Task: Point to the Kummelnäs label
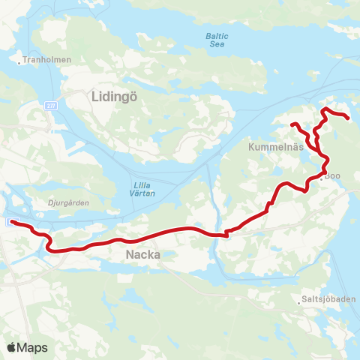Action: click(276, 147)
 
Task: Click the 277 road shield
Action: click(49, 106)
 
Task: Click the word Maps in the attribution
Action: click(32, 347)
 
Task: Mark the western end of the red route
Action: click(13, 221)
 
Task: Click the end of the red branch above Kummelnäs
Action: click(292, 124)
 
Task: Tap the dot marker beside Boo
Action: click(322, 178)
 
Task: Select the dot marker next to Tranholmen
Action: click(20, 61)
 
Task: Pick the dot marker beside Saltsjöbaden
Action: click(298, 301)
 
